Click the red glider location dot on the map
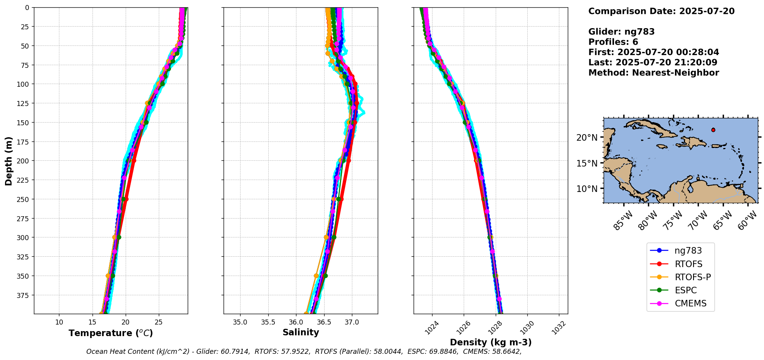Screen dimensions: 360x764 713,130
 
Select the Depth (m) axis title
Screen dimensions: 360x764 8,161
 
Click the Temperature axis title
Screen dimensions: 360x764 111,333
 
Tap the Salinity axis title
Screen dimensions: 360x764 301,332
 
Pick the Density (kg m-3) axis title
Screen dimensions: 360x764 491,342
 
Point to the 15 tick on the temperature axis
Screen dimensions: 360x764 92,322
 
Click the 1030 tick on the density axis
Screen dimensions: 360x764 527,328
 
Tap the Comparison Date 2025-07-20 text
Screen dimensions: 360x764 661,11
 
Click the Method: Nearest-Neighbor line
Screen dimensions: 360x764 653,73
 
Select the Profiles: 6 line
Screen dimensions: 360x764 613,42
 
